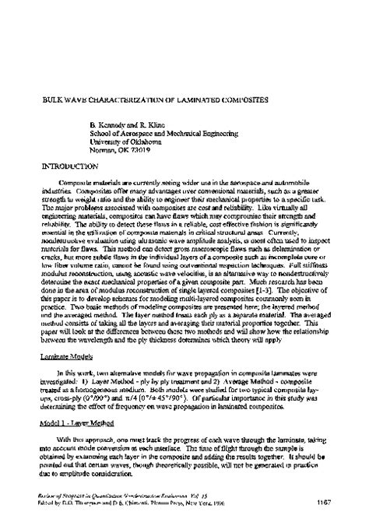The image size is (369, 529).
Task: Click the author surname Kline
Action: pyautogui.click(x=160, y=124)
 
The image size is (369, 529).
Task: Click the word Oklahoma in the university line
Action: pyautogui.click(x=145, y=142)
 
